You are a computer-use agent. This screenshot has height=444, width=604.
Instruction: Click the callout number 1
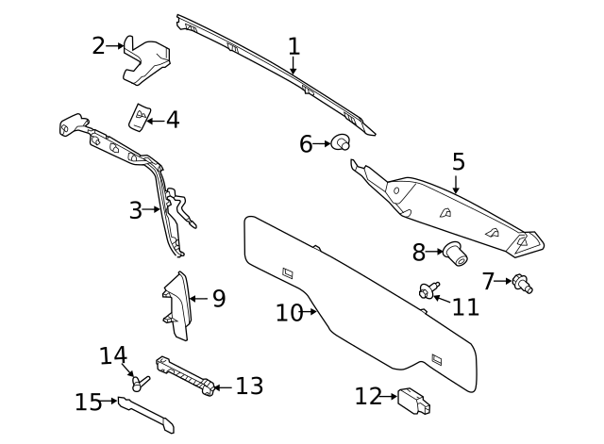tap(294, 46)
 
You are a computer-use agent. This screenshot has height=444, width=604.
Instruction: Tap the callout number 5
tap(459, 161)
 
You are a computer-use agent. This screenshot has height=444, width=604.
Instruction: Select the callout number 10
tap(289, 312)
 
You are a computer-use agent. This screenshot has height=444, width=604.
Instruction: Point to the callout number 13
tap(250, 386)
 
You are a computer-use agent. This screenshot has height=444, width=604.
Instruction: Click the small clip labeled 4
tap(140, 116)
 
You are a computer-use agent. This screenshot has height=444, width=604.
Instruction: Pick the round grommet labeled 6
tap(340, 143)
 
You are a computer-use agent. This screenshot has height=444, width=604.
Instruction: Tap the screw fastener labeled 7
tap(522, 282)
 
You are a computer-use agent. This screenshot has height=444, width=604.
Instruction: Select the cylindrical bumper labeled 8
tap(457, 252)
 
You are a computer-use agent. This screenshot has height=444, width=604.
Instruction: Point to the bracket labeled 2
tap(147, 59)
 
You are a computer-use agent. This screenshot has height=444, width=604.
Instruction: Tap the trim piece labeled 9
tap(177, 305)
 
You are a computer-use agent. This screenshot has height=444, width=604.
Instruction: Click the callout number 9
tap(219, 299)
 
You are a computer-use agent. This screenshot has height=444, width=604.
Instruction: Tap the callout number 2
tap(99, 45)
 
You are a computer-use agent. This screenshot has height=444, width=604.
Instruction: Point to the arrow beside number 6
tap(322, 144)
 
